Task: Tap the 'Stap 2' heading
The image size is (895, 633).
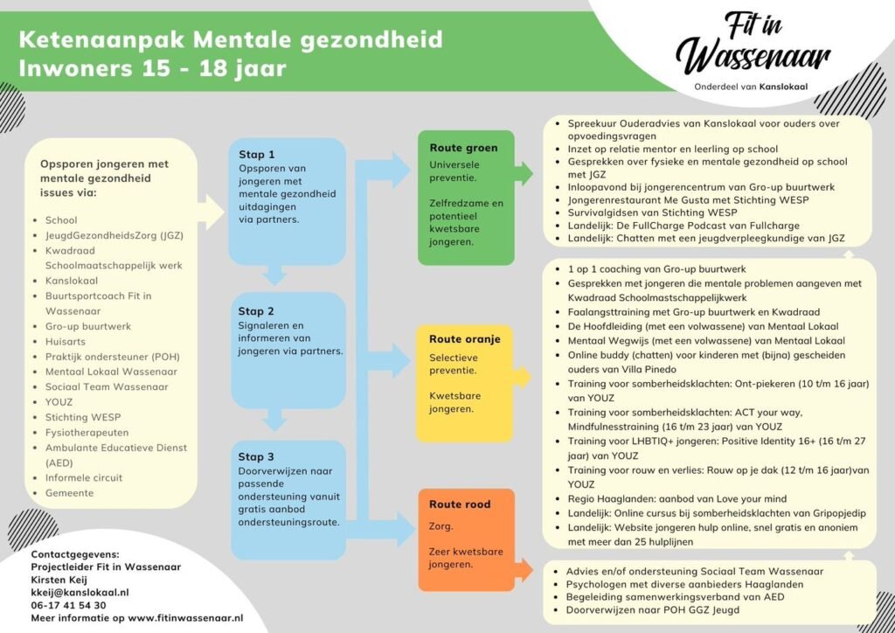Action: [257, 311]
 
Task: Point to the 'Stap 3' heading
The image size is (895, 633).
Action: [257, 456]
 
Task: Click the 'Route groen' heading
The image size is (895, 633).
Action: [463, 148]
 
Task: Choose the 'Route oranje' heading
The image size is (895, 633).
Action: [466, 338]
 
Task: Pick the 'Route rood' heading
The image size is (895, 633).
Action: [460, 504]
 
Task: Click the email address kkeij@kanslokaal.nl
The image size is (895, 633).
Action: [80, 592]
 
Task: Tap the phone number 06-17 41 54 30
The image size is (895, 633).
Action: [68, 605]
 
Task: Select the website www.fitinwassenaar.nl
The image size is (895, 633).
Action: [185, 618]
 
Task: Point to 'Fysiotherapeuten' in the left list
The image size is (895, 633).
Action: [87, 432]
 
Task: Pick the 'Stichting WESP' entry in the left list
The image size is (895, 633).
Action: [81, 417]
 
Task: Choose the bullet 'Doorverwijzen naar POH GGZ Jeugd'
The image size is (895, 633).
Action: [652, 609]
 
